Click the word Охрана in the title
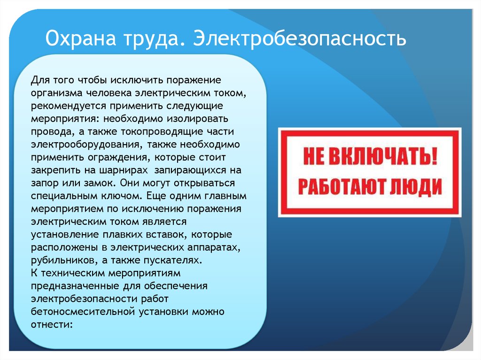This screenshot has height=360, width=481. point(81,38)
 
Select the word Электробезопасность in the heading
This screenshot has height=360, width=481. point(300,38)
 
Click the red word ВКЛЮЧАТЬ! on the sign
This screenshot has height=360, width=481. point(383,156)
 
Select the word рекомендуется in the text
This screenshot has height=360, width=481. point(69,106)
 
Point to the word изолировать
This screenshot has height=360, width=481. point(197,119)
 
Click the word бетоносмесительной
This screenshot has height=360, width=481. point(83,312)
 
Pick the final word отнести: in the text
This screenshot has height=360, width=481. point(52,324)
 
